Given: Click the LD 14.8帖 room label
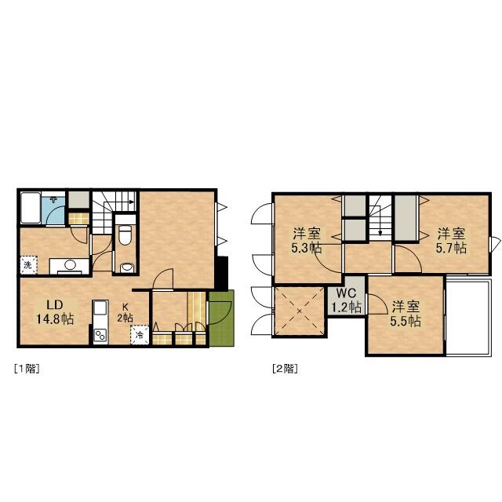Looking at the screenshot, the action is tap(55, 312).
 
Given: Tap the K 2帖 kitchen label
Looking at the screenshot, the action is tap(125, 312).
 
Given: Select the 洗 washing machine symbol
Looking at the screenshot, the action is tap(29, 265).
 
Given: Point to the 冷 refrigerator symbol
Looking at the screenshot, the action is tap(140, 335).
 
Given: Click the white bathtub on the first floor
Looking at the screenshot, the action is tap(31, 208).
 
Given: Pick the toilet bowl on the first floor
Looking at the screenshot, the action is tap(125, 235).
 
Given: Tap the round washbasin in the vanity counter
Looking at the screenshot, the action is tap(70, 265).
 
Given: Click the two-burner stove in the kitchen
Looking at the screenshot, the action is tap(100, 336).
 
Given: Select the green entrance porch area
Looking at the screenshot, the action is tap(221, 318).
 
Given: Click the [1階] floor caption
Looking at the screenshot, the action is tap(27, 369).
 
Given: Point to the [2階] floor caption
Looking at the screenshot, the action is tap(285, 369).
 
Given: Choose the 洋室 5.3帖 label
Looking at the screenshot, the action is tap(307, 241).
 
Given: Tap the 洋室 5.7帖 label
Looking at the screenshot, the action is tap(452, 241).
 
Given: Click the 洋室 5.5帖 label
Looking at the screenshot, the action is tap(406, 314).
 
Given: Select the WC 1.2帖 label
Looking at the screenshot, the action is tap(347, 300).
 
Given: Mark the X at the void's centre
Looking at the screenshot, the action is tap(300, 311).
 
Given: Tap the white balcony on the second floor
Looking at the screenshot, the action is tap(468, 317).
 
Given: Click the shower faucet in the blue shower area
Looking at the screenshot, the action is tap(53, 199).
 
